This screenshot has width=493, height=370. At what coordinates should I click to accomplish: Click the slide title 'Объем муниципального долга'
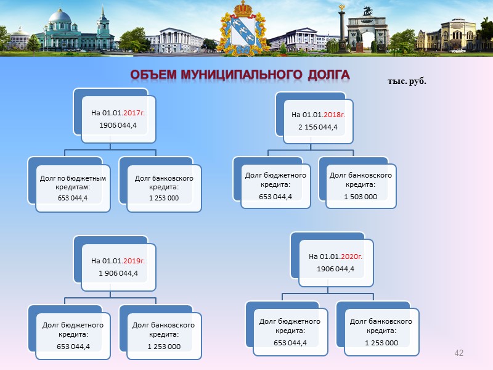pyautogui.click(x=240, y=75)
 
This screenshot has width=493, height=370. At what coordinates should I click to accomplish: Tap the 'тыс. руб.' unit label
pyautogui.click(x=407, y=81)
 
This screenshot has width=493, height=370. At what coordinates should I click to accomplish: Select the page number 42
pyautogui.click(x=458, y=353)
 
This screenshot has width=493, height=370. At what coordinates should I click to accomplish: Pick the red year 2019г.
pyautogui.click(x=134, y=260)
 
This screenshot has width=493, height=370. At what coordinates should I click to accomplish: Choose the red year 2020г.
pyautogui.click(x=349, y=257)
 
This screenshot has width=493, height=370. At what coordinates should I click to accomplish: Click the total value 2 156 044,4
pyautogui.click(x=319, y=127)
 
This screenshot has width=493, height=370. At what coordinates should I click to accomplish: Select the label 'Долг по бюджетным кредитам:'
pyautogui.click(x=73, y=183)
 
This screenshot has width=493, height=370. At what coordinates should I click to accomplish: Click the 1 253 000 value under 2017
pyautogui.click(x=163, y=197)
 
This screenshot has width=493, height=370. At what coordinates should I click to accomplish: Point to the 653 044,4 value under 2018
pyautogui.click(x=275, y=196)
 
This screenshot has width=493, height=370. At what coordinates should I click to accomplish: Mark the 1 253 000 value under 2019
pyautogui.click(x=164, y=346)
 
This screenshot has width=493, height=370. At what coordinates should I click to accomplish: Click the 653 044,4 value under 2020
pyautogui.click(x=290, y=343)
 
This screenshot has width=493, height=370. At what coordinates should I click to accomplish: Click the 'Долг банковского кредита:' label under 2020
pyautogui.click(x=381, y=326)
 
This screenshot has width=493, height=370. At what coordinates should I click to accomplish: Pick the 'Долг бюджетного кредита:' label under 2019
pyautogui.click(x=73, y=329)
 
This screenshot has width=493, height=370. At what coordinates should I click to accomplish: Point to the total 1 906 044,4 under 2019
pyautogui.click(x=118, y=273)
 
